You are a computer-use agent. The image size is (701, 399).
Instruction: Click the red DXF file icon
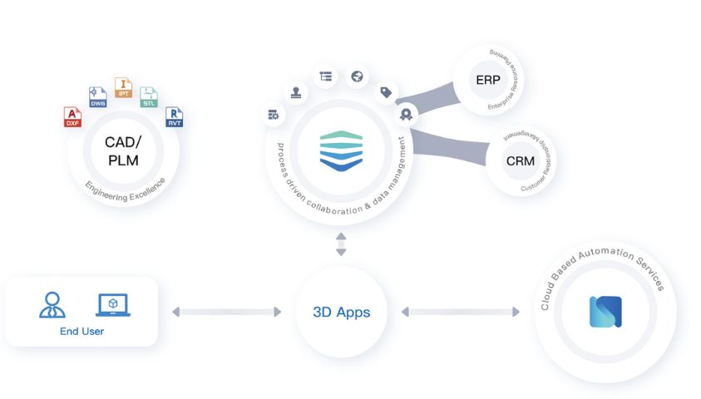pos(73,116)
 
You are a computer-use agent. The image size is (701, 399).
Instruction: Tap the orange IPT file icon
pos(123,87)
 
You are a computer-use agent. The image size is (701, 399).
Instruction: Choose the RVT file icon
pos(174,116)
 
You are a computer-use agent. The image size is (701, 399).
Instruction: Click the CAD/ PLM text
pos(121,150)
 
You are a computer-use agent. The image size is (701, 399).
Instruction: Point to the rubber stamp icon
pos(296,91)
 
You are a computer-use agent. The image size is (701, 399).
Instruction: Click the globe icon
pos(357,76)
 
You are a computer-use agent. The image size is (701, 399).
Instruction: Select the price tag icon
pos(385,91)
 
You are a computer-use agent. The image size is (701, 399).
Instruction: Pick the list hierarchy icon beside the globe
pos(325,76)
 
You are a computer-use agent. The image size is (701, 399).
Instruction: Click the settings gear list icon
pos(273,114)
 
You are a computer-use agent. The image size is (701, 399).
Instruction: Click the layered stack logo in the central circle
pos(341,150)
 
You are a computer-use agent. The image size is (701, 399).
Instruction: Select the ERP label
pos(488,80)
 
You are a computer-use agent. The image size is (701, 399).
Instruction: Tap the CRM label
pos(520,160)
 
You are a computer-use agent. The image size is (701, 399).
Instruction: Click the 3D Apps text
pos(341,313)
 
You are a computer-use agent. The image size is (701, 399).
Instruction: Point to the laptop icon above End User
pos(113,304)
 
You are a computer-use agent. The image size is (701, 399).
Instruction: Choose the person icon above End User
pos(52,304)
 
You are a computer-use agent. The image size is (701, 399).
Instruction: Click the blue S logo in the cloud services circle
pos(605,311)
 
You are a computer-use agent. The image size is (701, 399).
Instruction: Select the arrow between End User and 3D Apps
pos(226,313)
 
